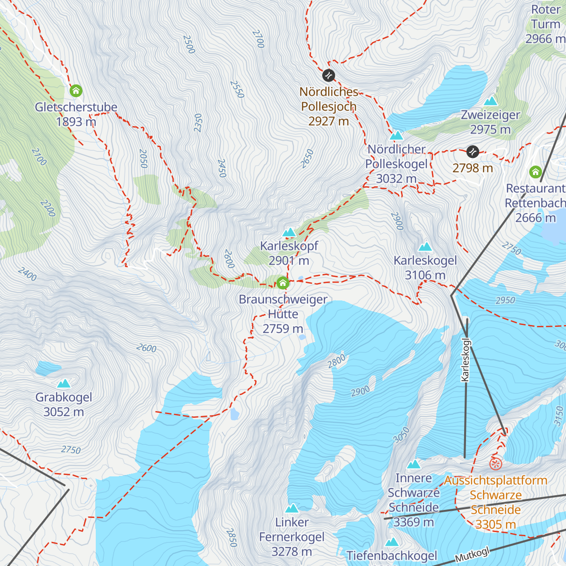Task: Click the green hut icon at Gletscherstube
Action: click(75, 90)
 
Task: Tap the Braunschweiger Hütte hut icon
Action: click(283, 283)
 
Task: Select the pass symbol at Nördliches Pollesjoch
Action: click(328, 75)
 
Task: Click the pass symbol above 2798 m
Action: click(473, 151)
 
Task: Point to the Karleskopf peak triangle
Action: click(289, 232)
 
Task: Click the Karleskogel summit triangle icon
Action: click(425, 247)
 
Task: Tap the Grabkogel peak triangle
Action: click(64, 383)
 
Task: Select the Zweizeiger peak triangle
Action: click(491, 101)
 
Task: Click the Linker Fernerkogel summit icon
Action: click(292, 508)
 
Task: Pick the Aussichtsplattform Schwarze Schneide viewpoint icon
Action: click(495, 464)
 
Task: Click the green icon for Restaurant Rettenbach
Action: click(535, 172)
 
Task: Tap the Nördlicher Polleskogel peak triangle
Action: click(396, 135)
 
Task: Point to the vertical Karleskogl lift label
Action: click(466, 359)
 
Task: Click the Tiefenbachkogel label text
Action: click(392, 556)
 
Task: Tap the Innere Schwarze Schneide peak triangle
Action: click(414, 465)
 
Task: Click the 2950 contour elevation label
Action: click(505, 300)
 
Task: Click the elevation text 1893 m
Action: click(76, 122)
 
